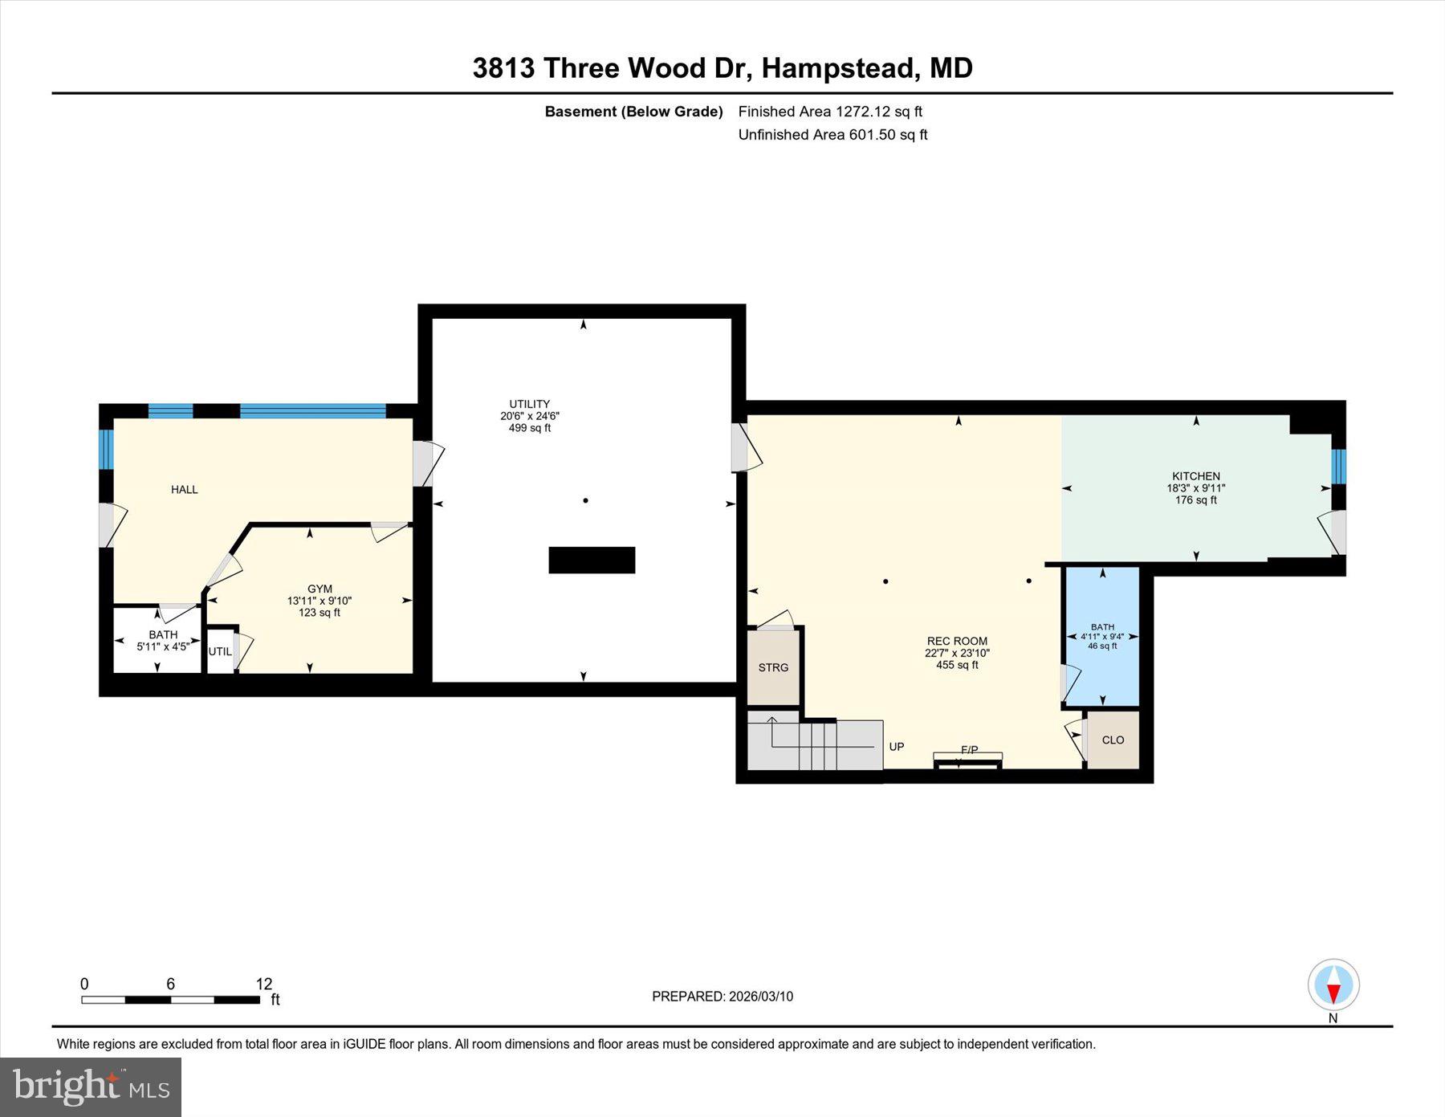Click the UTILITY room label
pos(529,405)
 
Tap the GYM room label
pos(320,589)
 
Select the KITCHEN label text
pos(1195,476)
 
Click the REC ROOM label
pos(957,641)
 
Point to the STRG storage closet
pos(773,667)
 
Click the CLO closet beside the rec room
pos(1113,740)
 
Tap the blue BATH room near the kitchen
pos(1102,635)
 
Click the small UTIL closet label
pos(220,651)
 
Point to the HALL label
pos(184,490)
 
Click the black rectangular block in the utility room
pos(592,560)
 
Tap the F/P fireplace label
pos(969,750)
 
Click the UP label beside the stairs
pos(897,747)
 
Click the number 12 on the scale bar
pos(264,984)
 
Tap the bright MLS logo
pos(91,1086)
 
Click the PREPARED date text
pos(722,997)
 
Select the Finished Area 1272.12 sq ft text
pos(830,112)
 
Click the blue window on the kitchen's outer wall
pos(1338,467)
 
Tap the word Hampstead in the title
pos(838,68)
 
